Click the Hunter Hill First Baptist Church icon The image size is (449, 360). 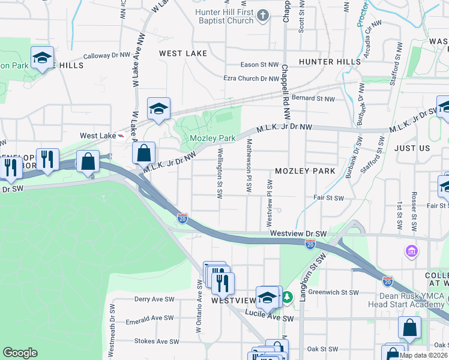point(262,15)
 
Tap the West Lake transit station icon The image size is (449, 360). point(122,136)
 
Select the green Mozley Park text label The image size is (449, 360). point(212,138)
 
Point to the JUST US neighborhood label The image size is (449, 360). point(412,148)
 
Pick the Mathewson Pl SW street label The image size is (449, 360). point(249,166)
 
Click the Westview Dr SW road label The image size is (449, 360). point(298,233)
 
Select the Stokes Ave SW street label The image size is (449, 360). point(157,341)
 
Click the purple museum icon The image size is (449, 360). point(412,250)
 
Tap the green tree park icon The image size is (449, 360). point(288,297)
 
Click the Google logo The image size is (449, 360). point(20,352)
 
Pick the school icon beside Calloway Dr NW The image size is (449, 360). point(42,58)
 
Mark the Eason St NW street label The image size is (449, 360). point(260,65)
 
